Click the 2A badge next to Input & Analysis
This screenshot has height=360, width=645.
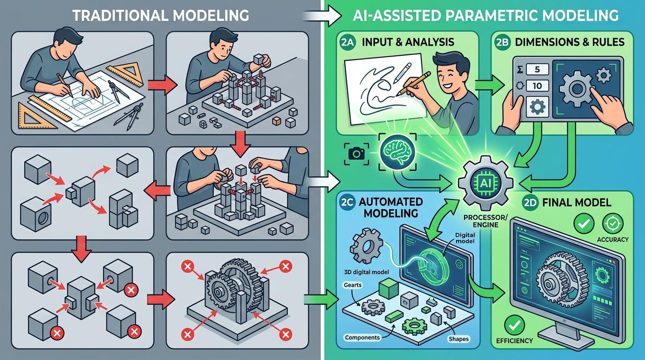[348, 42]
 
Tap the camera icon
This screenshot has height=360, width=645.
[356, 153]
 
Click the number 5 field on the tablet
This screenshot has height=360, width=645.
[537, 70]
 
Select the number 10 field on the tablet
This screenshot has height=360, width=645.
[537, 86]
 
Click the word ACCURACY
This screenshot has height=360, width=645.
[613, 240]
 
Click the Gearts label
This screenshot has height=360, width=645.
[352, 285]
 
